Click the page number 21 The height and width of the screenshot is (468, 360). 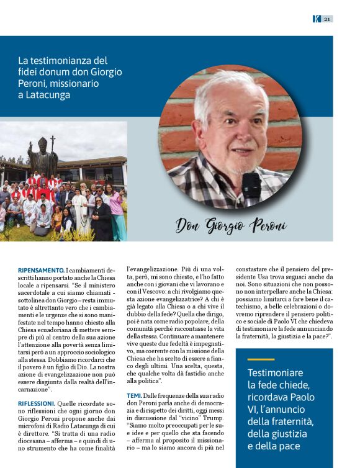(x=326, y=19)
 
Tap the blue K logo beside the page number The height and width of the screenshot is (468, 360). (x=316, y=19)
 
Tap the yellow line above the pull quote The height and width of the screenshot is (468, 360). (x=260, y=359)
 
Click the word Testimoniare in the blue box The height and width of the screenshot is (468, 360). (x=275, y=373)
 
